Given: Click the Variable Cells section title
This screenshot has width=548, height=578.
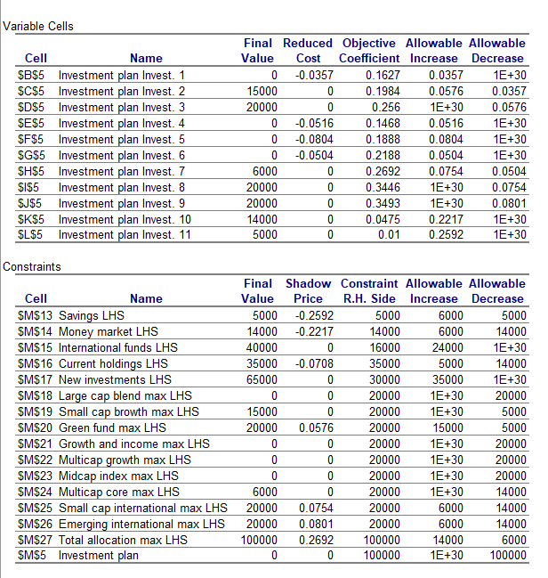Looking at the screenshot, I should (x=38, y=26).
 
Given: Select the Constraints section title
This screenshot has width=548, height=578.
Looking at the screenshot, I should (x=34, y=266).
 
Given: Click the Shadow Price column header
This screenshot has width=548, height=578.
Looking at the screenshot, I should (x=307, y=291).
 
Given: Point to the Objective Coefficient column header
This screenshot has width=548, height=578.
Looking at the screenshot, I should (x=369, y=51).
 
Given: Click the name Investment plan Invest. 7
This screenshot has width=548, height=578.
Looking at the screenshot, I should (x=121, y=172).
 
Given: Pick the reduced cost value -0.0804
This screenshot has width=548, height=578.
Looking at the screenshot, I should (x=313, y=140).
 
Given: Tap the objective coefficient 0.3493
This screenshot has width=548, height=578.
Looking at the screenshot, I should (x=383, y=204).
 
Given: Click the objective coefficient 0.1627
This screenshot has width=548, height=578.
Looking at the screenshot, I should (x=383, y=76).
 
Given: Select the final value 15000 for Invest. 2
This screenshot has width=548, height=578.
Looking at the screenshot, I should (x=261, y=92).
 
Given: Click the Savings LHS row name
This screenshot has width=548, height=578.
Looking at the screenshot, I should (x=92, y=315).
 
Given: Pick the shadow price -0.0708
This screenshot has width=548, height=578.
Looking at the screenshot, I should (x=313, y=363).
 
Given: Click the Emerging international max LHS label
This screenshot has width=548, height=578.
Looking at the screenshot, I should (x=142, y=524).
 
